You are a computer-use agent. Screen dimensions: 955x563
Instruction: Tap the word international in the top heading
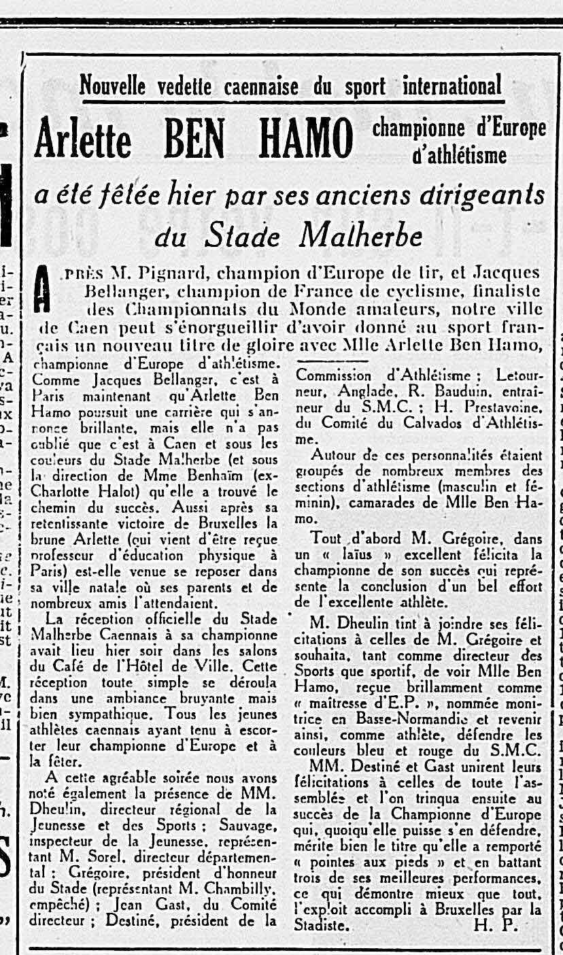point(452,86)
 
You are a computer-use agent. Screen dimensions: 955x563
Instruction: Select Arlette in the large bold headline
point(84,139)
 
